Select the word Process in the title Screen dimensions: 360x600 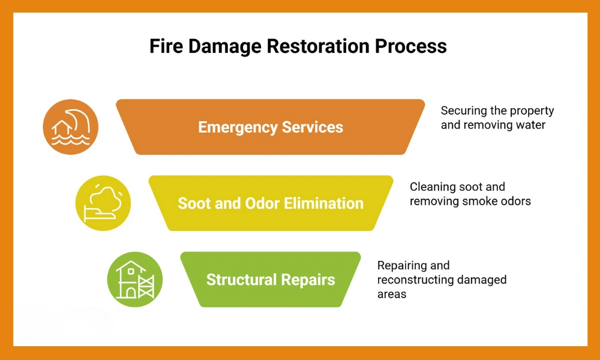click(x=415, y=47)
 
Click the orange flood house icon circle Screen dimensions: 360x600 click(x=70, y=127)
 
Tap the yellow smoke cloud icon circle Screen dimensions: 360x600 click(x=103, y=203)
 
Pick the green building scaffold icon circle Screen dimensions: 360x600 click(x=134, y=279)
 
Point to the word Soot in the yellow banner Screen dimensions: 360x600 click(x=193, y=203)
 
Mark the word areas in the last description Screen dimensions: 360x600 click(x=392, y=295)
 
